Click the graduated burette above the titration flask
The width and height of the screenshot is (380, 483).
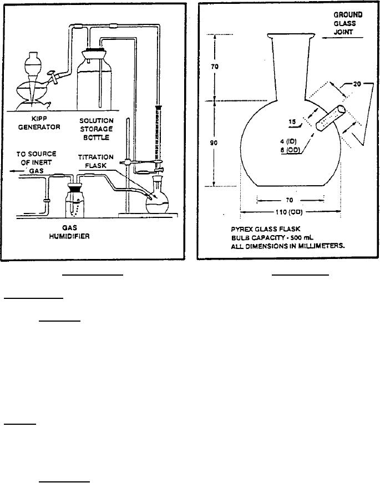click(x=158, y=133)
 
